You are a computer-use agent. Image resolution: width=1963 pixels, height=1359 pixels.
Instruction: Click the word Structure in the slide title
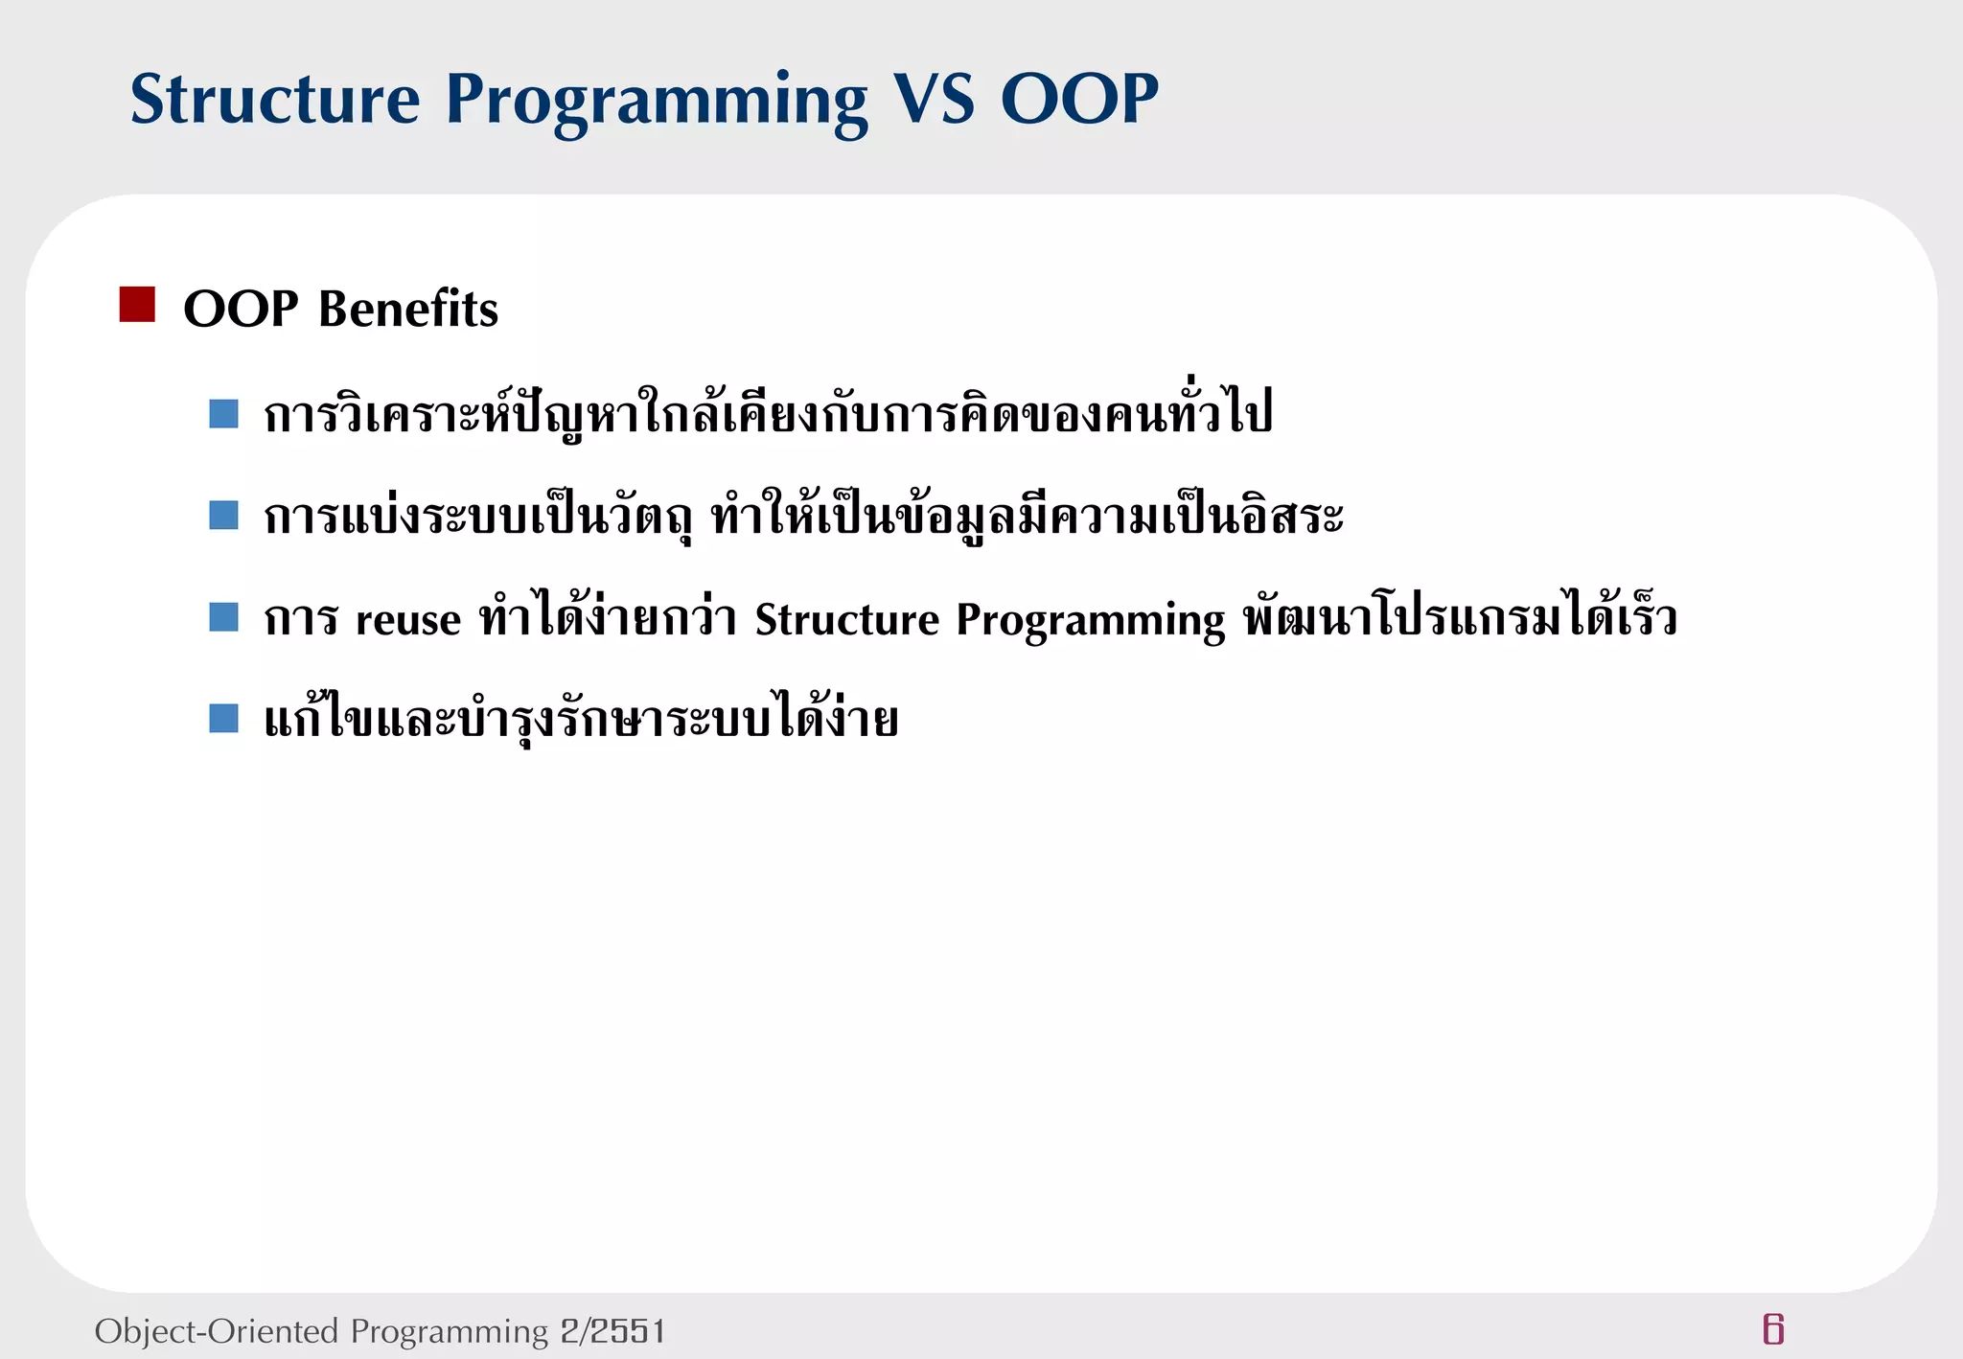tap(275, 100)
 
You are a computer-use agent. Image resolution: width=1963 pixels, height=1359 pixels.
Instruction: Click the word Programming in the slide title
tap(657, 102)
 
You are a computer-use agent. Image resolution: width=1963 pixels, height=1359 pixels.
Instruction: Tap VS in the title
tap(934, 100)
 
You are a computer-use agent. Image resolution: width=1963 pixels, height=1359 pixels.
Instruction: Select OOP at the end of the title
tap(1079, 100)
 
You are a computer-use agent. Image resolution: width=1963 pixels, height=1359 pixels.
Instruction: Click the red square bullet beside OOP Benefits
tap(137, 305)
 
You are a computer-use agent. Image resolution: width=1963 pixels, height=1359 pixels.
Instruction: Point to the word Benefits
tap(408, 310)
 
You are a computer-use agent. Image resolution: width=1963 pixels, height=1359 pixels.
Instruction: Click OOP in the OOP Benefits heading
tap(241, 310)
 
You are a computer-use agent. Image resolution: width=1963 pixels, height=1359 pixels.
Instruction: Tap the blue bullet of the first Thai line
tap(223, 414)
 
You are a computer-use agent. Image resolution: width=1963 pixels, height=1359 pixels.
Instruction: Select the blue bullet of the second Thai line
tap(223, 516)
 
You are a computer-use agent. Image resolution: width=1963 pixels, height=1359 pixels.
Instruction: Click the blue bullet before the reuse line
tap(223, 617)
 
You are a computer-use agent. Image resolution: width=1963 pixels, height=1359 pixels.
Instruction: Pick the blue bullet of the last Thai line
tap(223, 718)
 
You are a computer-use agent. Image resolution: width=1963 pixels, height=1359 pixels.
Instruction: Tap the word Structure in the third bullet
tap(847, 619)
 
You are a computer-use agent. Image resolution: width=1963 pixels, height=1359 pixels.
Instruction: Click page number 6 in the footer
tap(1773, 1329)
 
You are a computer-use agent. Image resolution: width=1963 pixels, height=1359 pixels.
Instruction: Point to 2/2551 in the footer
tap(612, 1331)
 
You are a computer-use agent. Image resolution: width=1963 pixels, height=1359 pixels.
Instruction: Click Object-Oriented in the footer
tap(217, 1331)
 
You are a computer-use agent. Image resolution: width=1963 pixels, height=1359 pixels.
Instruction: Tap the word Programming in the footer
tap(449, 1332)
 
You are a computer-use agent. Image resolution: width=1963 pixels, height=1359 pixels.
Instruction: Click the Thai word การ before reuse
tap(301, 619)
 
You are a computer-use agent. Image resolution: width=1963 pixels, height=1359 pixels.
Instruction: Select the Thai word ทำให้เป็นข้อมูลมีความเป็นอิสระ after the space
tap(1027, 518)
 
